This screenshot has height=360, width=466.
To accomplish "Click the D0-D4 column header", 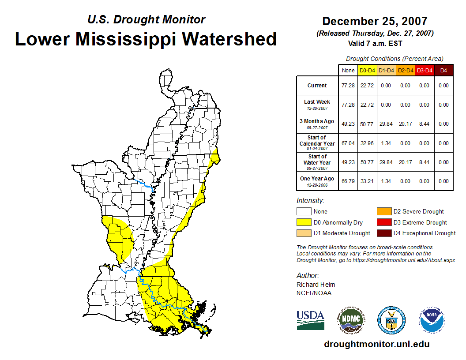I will pos(367,71).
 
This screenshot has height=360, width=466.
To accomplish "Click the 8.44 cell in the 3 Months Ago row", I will pos(424,124).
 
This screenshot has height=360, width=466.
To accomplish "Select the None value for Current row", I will pos(348,86).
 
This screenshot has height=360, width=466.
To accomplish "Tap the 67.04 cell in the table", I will pos(348,143).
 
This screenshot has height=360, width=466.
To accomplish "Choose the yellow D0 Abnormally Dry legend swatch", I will pos(304,222).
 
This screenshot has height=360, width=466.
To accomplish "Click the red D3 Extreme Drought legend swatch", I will pos(384,222).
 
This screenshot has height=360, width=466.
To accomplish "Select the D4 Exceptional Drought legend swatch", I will pos(384,233).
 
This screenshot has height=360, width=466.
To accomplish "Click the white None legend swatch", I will pos(304,212).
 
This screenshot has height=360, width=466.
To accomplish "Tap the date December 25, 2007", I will pos(375,21).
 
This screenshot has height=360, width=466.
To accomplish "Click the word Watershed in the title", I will pos(229,39).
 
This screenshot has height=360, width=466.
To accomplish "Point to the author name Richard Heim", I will pos(316,285).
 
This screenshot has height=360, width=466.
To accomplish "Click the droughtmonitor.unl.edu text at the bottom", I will pos(376,344).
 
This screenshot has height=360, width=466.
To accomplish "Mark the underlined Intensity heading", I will pos(310,201).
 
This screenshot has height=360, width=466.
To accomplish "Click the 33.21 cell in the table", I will pos(367,181).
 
